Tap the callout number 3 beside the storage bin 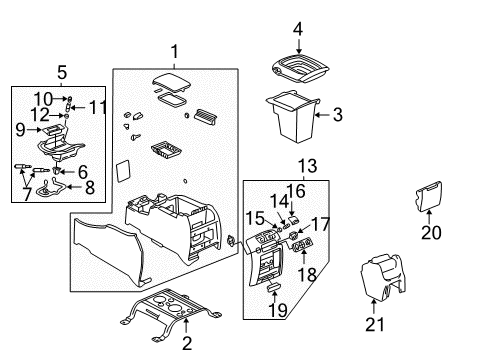point(337,117)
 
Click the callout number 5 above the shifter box point(63,73)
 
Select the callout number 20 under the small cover point(431,232)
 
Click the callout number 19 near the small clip point(271,310)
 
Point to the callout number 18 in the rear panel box point(307,273)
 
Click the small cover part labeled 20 point(425,196)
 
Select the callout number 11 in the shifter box point(97,106)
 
